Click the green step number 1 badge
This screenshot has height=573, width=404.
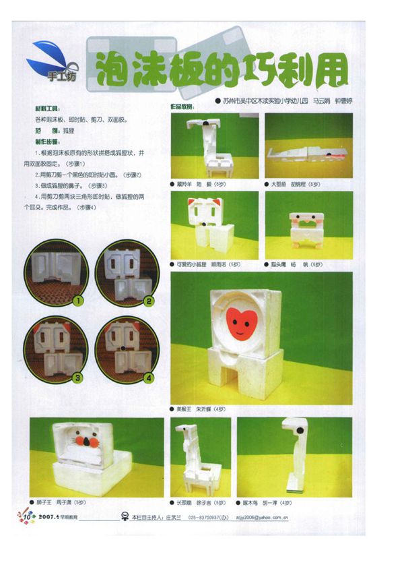point(79,299)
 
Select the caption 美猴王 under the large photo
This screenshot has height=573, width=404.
point(184,409)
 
